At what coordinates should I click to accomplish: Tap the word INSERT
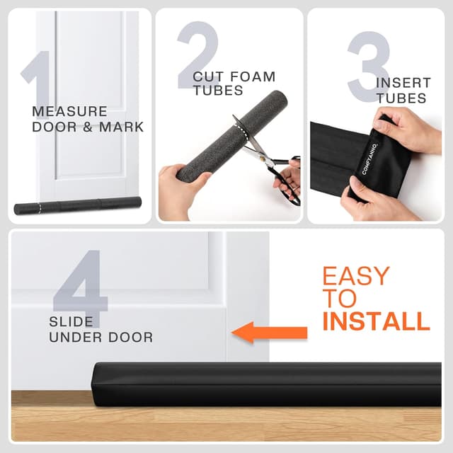(x=403, y=83)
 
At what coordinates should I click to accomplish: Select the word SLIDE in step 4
(x=71, y=322)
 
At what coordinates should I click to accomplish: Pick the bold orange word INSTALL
(x=376, y=321)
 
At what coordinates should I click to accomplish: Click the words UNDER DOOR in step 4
(x=101, y=338)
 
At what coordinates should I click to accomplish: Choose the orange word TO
(x=338, y=299)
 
